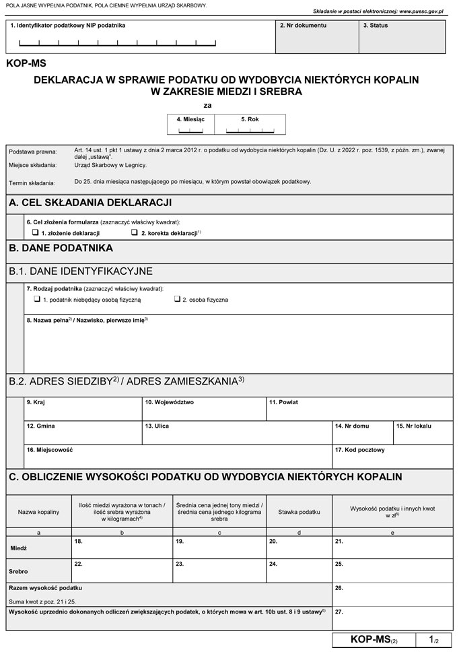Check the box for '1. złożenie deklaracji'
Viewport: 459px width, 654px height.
pyautogui.click(x=35, y=232)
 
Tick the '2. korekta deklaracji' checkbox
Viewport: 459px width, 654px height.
pyautogui.click(x=134, y=232)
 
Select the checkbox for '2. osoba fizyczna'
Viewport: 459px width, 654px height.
pyautogui.click(x=177, y=298)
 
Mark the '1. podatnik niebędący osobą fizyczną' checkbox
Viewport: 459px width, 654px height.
pyautogui.click(x=37, y=298)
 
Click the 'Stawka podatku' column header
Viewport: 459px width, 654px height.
pyautogui.click(x=299, y=513)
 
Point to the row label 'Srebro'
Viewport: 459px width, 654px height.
pyautogui.click(x=19, y=571)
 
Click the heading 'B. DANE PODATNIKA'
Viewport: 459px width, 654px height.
pyautogui.click(x=61, y=248)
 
